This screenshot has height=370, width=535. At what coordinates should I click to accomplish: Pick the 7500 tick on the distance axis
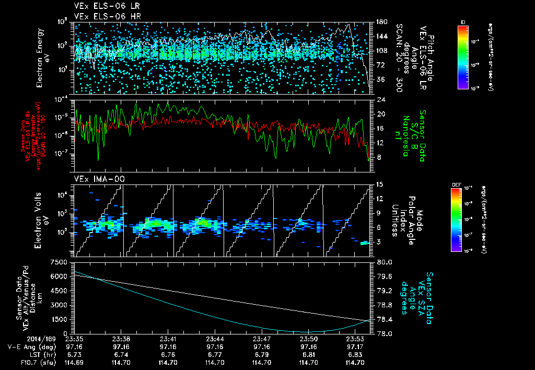[62, 262]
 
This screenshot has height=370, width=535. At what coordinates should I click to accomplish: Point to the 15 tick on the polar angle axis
[380, 184]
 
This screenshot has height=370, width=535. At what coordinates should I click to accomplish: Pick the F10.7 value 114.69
[75, 362]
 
